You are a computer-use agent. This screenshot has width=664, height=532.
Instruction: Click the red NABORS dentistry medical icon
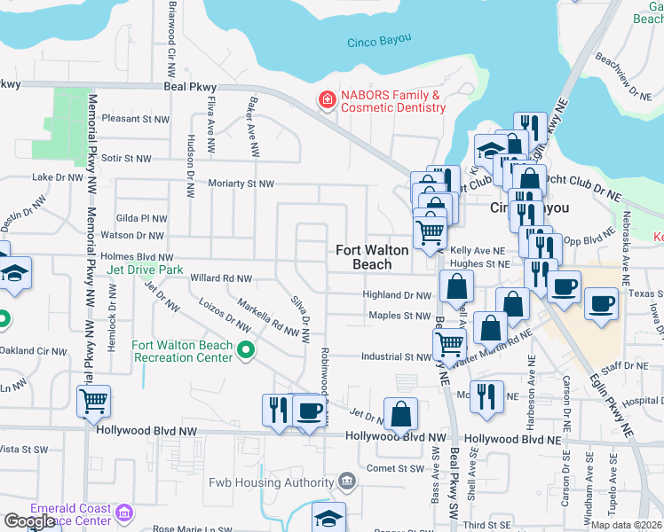pyautogui.click(x=327, y=99)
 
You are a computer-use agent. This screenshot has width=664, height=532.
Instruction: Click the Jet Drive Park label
pyautogui.click(x=144, y=269)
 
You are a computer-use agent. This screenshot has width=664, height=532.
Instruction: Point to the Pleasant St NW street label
pyautogui.click(x=135, y=118)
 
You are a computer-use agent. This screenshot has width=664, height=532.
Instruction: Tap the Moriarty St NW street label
pyautogui.click(x=241, y=184)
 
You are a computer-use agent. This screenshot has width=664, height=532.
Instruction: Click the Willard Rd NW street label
pyautogui.click(x=221, y=278)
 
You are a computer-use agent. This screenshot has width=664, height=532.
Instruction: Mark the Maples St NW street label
pyautogui.click(x=399, y=316)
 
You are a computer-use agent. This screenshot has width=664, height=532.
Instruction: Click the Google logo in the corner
pyautogui.click(x=30, y=521)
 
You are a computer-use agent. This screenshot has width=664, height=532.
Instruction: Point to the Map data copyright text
pyautogui.click(x=627, y=525)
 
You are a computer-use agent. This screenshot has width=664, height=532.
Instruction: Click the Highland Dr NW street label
pyautogui.click(x=397, y=295)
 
